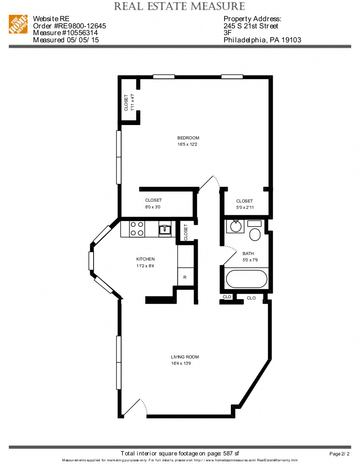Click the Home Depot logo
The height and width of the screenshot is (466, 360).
click(x=18, y=25)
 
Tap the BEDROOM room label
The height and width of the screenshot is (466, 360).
click(x=188, y=138)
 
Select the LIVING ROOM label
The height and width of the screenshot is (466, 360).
click(x=185, y=357)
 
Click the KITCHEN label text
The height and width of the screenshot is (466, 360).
click(x=145, y=259)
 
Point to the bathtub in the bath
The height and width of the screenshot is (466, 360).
click(x=246, y=279)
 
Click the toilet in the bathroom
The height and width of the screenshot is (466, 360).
click(x=255, y=234)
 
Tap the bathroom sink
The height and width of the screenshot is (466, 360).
click(x=234, y=227)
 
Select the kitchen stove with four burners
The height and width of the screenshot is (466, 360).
click(x=136, y=229)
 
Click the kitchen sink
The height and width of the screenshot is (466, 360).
click(x=165, y=229)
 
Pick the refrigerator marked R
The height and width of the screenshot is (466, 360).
click(x=185, y=277)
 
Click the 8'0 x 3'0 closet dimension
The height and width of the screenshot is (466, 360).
click(x=153, y=207)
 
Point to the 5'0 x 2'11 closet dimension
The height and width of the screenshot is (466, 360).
click(x=244, y=208)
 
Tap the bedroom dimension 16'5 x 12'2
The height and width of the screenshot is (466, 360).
click(x=188, y=144)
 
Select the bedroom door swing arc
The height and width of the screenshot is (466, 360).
click(x=210, y=183)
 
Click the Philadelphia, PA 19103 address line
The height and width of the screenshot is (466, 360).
click(x=262, y=40)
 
